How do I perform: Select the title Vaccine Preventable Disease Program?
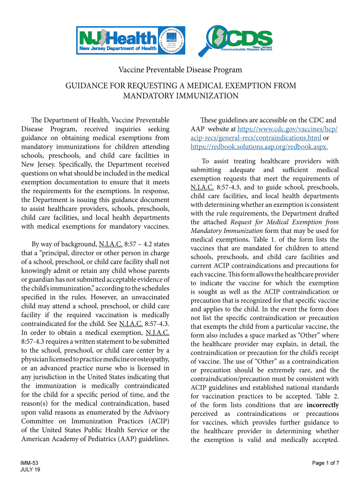pos(180,70)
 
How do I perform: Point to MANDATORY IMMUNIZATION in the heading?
pos(180,96)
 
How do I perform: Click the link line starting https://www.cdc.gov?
pos(288,129)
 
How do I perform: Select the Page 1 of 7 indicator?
pos(325,463)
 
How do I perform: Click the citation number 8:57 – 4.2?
pos(144,244)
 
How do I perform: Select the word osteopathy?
pos(150,359)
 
